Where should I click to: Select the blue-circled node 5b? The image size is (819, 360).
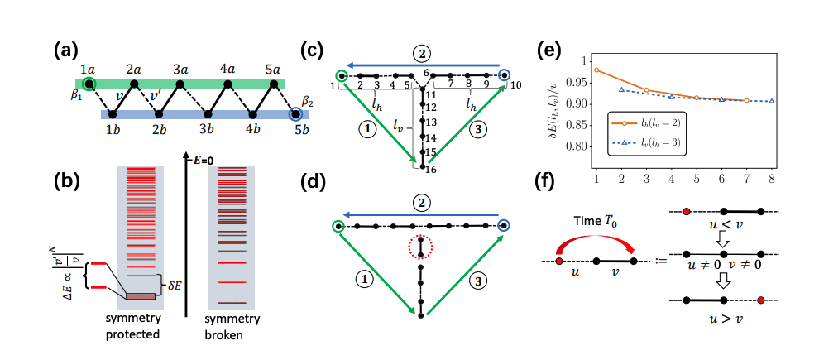coord(295,114)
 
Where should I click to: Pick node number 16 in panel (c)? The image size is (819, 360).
coord(431,170)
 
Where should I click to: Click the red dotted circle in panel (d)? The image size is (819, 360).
coord(422,247)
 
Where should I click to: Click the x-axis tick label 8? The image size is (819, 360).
coord(771,178)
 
